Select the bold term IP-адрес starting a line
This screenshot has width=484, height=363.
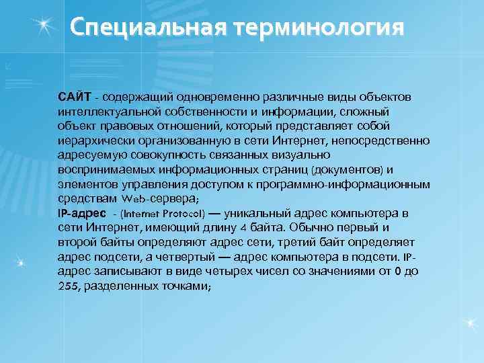click(82, 214)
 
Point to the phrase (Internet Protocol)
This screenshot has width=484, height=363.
click(162, 214)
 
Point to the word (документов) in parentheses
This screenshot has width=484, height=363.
click(352, 169)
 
